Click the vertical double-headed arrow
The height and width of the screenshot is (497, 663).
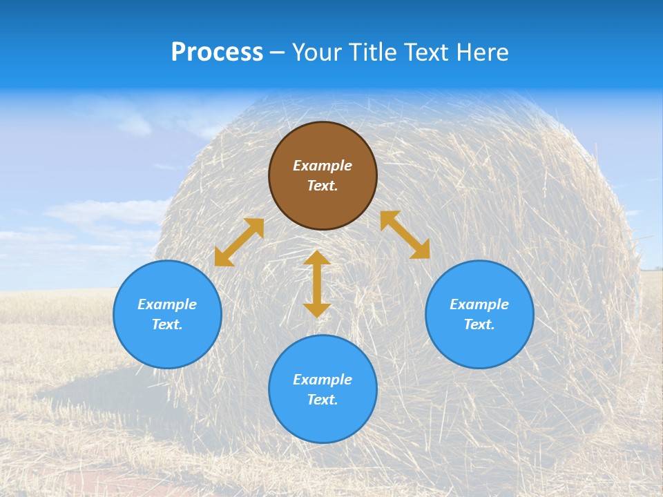(317, 284)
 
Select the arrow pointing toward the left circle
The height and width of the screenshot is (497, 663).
(239, 242)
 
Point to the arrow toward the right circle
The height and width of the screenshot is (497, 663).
(405, 235)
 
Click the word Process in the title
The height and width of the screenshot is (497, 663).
(217, 52)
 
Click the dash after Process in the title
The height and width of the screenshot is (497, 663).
(278, 52)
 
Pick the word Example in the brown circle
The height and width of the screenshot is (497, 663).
(323, 166)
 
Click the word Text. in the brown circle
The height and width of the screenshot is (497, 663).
(323, 186)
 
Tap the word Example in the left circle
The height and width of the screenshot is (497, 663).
(167, 304)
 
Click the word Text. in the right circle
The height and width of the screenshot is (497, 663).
(479, 324)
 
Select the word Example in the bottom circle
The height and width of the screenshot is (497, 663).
(323, 380)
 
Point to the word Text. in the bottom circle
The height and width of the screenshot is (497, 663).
(323, 400)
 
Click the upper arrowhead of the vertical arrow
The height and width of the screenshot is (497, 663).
(317, 258)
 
